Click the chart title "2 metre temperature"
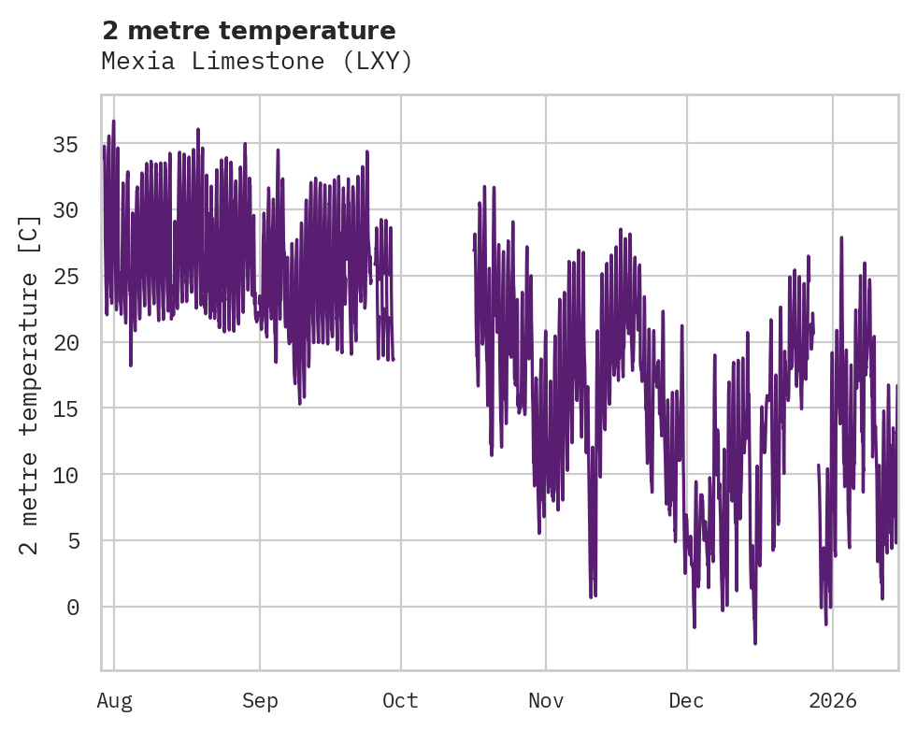249,31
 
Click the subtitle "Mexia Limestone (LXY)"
257,62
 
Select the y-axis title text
31,383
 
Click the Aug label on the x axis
114,701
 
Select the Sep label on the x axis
260,701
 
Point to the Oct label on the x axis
401,701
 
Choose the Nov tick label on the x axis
546,701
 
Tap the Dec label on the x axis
687,701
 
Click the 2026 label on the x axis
833,701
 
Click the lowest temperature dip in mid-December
755,643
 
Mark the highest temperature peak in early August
113,121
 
